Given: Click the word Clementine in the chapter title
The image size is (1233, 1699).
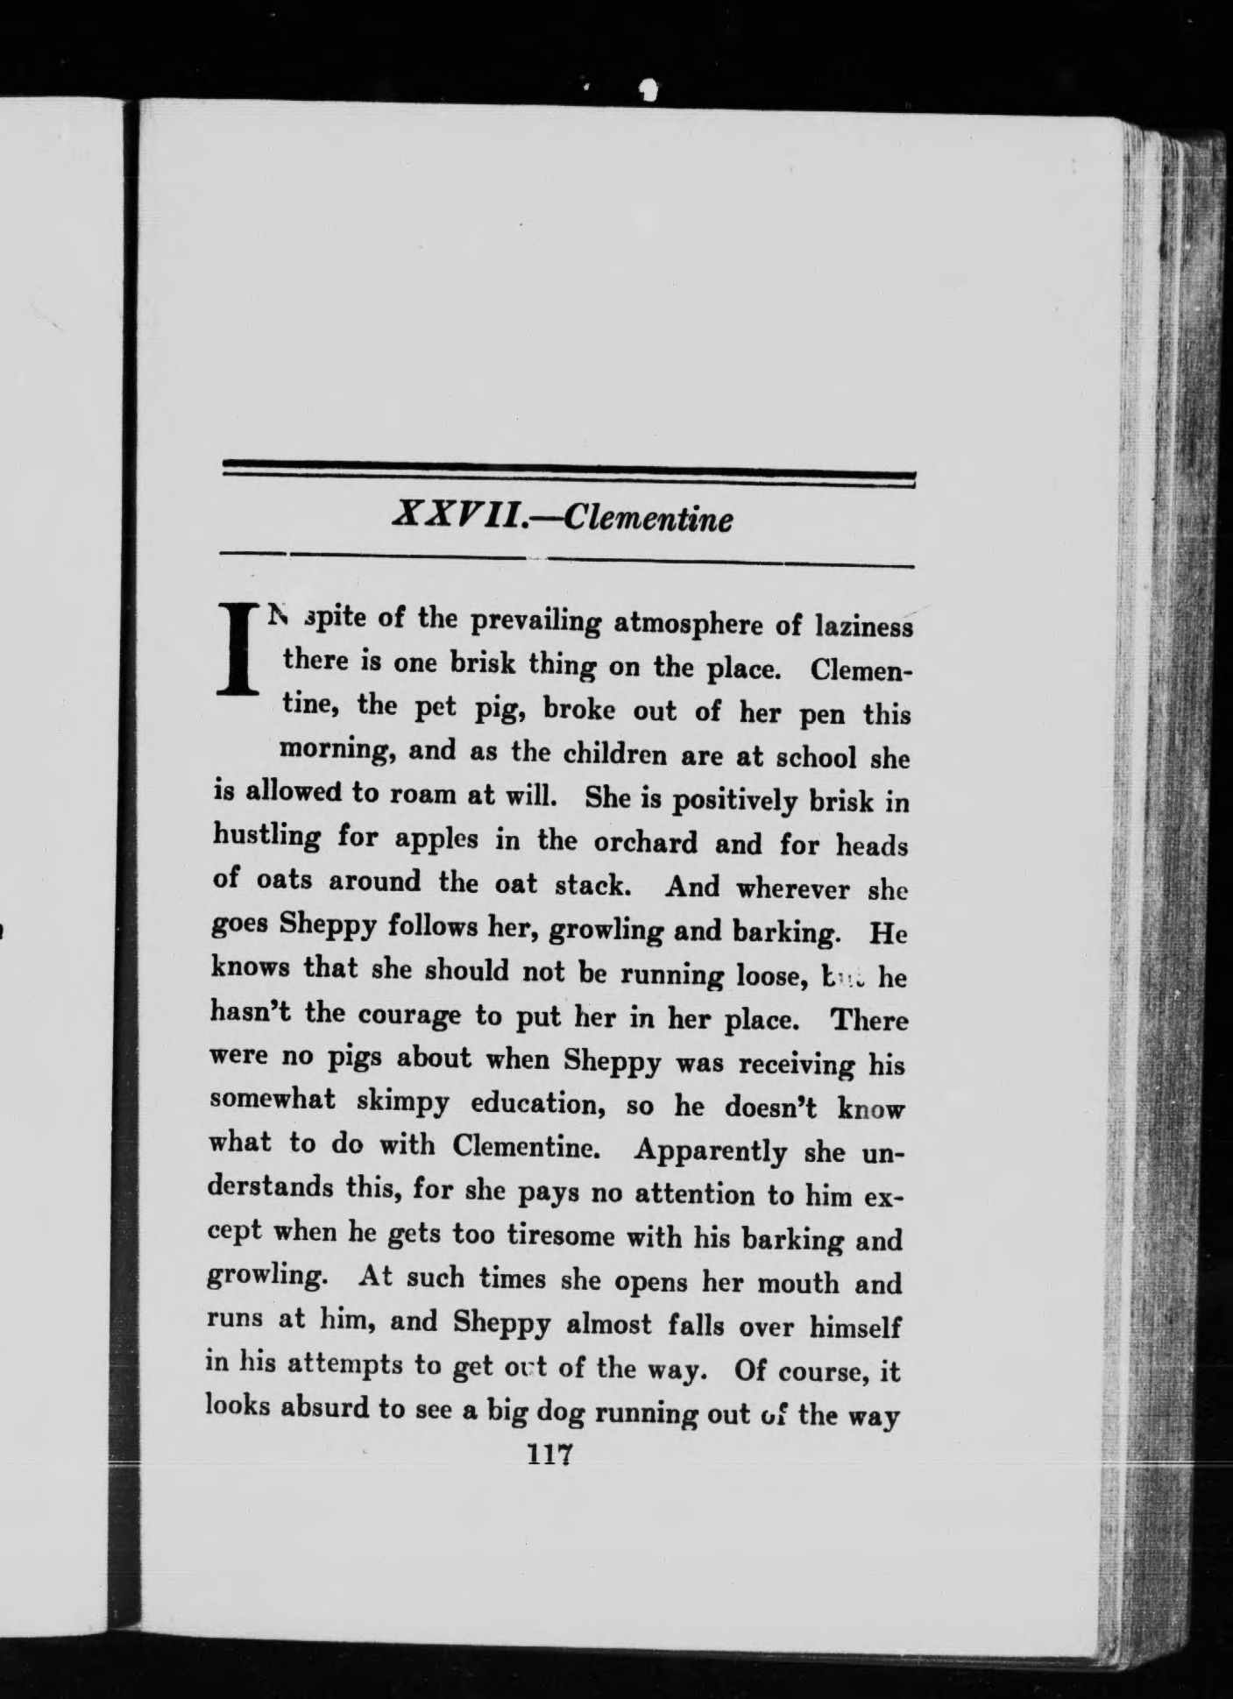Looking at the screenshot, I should pyautogui.click(x=647, y=518).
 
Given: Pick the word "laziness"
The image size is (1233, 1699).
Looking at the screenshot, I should pyautogui.click(x=863, y=627).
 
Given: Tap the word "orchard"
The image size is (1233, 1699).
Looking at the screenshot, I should pyautogui.click(x=644, y=842).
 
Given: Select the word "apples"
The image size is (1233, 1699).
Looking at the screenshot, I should pyautogui.click(x=436, y=839).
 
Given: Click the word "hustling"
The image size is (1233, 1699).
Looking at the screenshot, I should pyautogui.click(x=266, y=837).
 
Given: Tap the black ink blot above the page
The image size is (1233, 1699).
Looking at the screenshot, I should pyautogui.click(x=648, y=88).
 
